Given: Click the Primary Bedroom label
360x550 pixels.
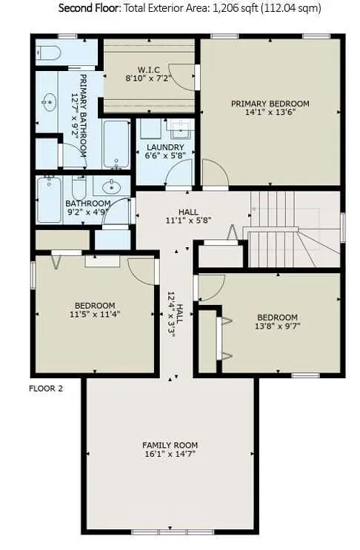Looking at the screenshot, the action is [270, 104].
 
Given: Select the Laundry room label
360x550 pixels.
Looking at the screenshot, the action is [165, 147].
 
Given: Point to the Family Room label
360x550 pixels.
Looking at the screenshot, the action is [170, 445].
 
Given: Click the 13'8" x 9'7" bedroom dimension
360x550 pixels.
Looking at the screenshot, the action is [277, 326].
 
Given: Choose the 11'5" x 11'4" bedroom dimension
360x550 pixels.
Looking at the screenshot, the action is [95, 315].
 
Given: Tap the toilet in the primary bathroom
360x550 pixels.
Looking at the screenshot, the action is [48, 53].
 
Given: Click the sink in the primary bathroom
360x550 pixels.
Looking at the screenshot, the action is [49, 102].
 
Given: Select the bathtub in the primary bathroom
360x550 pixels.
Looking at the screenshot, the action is [116, 144].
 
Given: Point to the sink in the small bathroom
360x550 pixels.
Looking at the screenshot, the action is [112, 186].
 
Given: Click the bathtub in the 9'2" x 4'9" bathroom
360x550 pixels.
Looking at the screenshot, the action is [49, 200].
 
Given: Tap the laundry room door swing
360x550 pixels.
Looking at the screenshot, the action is [179, 172].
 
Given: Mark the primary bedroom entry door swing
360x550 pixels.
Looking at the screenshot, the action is [216, 172].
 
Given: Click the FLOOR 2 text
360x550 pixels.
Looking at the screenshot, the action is [46, 389].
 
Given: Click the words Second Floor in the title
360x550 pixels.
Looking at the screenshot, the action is [89, 7].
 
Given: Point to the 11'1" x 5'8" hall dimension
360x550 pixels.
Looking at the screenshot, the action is [188, 221].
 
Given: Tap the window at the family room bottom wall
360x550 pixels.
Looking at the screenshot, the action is [173, 532].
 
